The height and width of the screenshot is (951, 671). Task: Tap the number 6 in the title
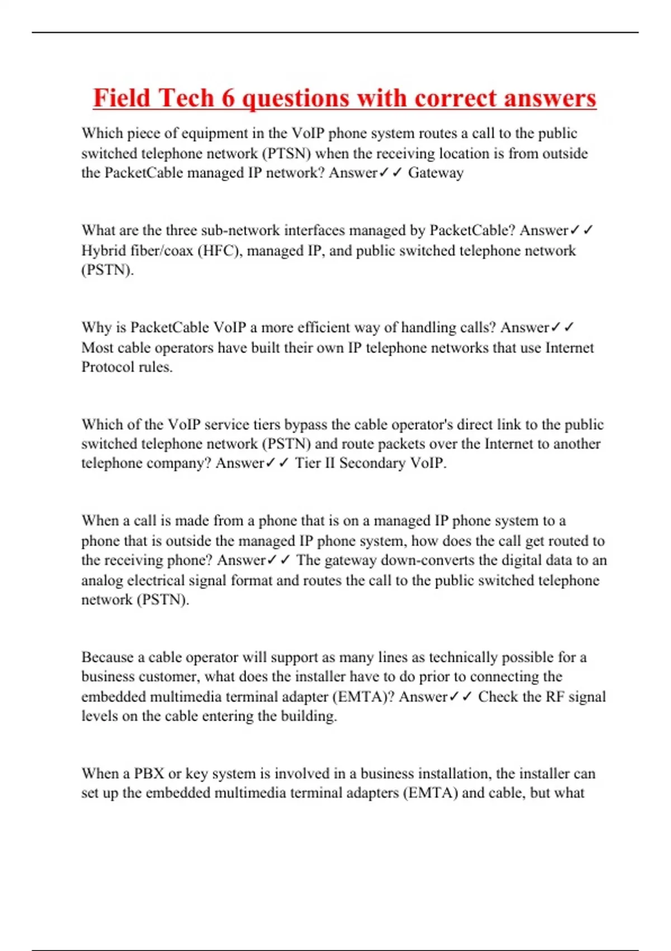coord(228,98)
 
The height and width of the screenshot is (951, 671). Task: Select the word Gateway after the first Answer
coord(436,173)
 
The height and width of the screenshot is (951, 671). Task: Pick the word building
coord(311,716)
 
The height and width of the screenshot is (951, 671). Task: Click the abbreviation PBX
coord(149,774)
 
